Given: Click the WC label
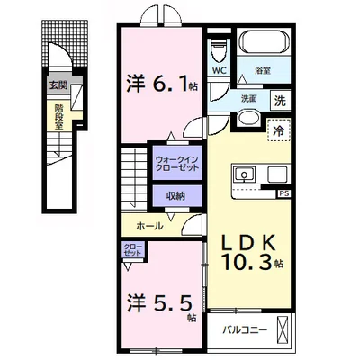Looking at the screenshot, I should tap(220, 70).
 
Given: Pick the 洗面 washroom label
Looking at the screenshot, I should tap(249, 99).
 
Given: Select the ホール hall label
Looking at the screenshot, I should tap(149, 226).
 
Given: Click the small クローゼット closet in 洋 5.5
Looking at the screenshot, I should tap(131, 251).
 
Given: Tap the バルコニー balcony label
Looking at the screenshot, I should tap(245, 330).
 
